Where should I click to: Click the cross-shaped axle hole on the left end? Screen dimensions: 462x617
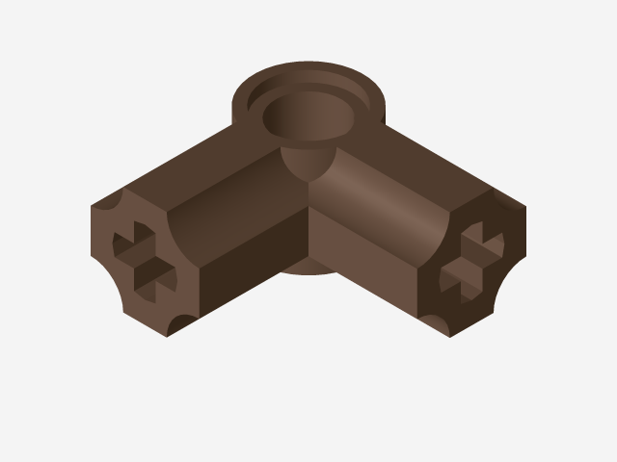(146, 259)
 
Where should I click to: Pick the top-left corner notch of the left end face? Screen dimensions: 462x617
(108, 203)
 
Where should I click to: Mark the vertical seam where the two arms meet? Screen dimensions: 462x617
(308, 231)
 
